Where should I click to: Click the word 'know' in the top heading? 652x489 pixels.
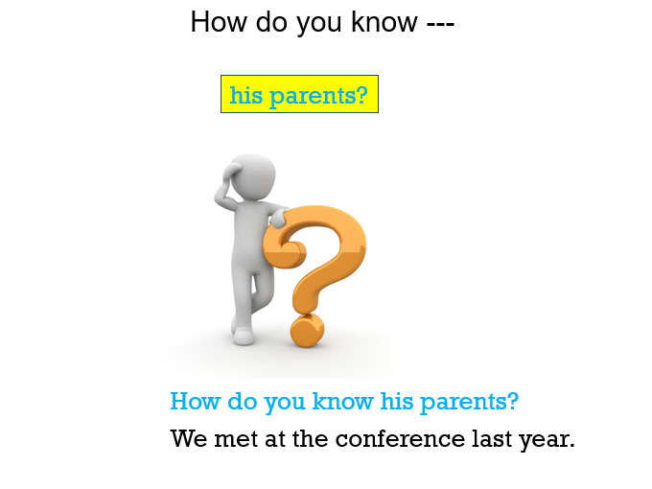coord(384,22)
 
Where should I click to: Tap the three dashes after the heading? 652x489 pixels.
coord(440,24)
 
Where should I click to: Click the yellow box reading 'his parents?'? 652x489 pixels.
coord(299,94)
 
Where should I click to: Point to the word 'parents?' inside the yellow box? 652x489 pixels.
coord(318,97)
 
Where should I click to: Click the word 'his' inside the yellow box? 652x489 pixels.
coord(246,94)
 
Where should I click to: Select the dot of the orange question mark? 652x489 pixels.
coord(307,330)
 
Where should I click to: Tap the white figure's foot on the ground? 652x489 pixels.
coord(243,336)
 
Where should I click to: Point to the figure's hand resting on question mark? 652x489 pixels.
coord(278,218)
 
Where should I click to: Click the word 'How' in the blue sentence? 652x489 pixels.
coord(195,401)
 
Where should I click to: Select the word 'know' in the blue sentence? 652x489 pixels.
coord(342,401)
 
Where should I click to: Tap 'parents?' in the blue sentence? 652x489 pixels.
coord(470,403)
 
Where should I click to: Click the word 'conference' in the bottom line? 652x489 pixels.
coord(400,439)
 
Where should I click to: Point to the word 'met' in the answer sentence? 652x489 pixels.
coord(236,439)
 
